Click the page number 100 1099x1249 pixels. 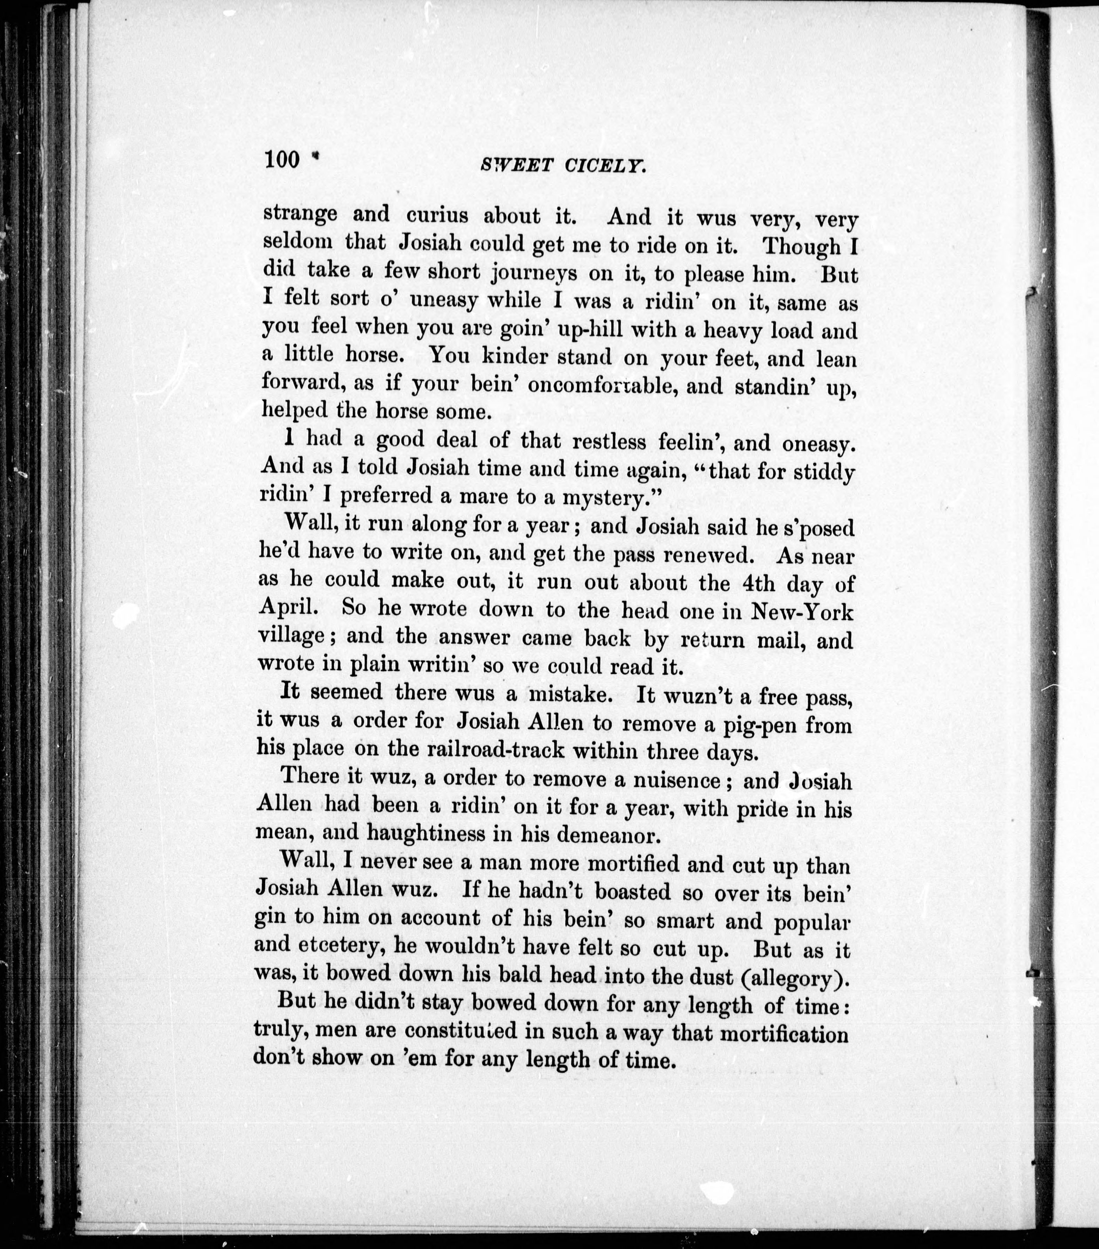click(x=282, y=160)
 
